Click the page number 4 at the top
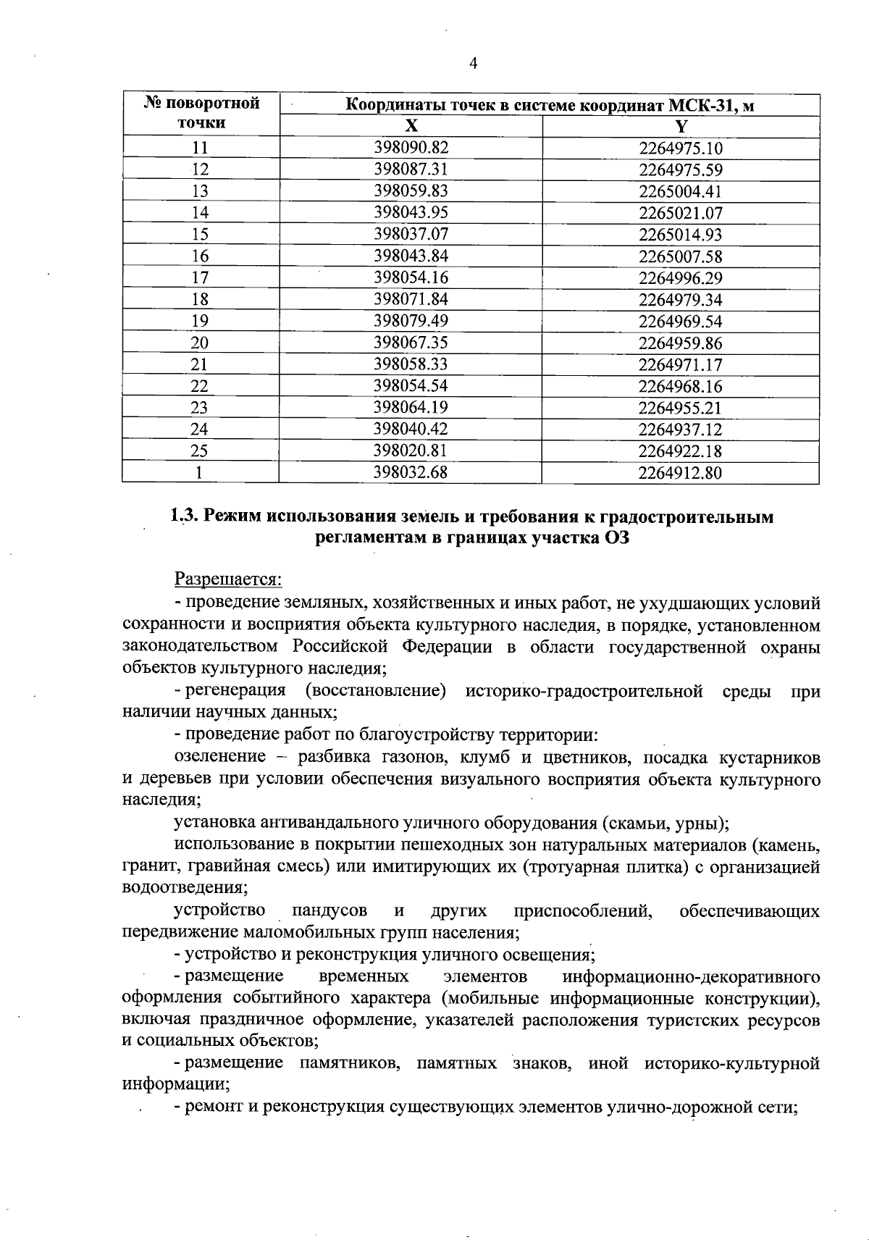pyautogui.click(x=473, y=64)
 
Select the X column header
pyautogui.click(x=411, y=126)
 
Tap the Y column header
pyautogui.click(x=681, y=126)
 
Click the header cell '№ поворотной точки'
pyautogui.click(x=201, y=113)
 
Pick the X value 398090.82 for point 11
pyautogui.click(x=411, y=148)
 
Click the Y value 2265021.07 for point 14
pyautogui.click(x=681, y=214)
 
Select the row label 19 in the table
pyautogui.click(x=200, y=322)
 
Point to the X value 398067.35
pyautogui.click(x=411, y=343)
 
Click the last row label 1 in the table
pyautogui.click(x=200, y=473)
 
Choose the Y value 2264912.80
pyautogui.click(x=681, y=474)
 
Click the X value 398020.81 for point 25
pyautogui.click(x=411, y=451)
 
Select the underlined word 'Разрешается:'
pyautogui.click(x=228, y=580)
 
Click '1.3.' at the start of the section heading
pyautogui.click(x=184, y=517)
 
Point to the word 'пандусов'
pyautogui.click(x=329, y=910)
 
